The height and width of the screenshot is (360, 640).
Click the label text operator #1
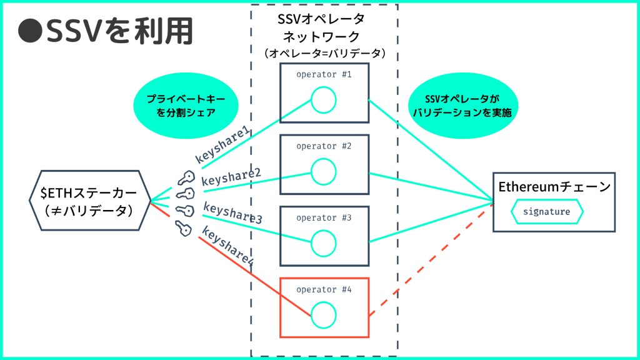click(x=324, y=74)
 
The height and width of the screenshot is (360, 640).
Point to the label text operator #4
click(x=324, y=289)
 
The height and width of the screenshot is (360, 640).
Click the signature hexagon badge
click(x=547, y=211)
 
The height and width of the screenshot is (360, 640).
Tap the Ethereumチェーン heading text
click(x=554, y=187)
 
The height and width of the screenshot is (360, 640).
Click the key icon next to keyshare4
click(x=182, y=229)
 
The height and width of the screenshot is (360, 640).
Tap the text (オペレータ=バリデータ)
click(x=324, y=54)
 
